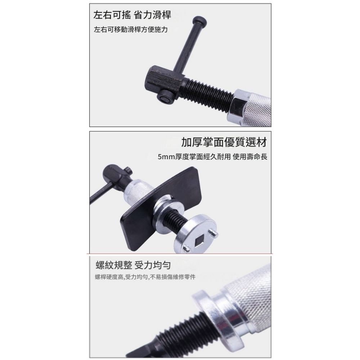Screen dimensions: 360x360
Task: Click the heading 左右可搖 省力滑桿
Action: point(132,15)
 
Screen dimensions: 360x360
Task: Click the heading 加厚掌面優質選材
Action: point(224,143)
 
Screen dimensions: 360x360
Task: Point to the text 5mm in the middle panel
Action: point(166,157)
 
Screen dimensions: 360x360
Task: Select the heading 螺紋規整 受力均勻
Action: point(132,266)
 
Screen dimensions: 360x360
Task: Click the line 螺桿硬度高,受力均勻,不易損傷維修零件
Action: point(145,277)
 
